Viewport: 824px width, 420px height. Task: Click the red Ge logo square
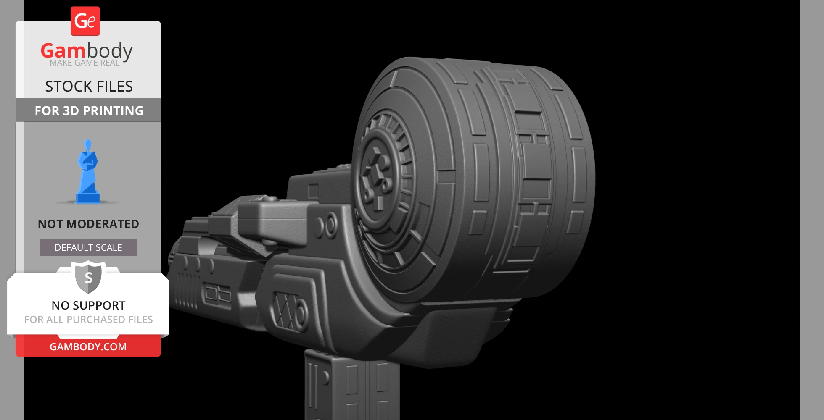85,21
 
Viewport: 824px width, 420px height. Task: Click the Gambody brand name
87,51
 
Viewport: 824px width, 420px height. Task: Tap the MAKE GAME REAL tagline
85,63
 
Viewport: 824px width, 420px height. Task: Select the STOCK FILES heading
89,87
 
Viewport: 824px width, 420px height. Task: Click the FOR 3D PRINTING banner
88,110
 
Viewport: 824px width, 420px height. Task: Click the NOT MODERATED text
88,224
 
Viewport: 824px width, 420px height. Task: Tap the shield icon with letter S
88,277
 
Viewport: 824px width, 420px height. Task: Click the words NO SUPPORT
88,305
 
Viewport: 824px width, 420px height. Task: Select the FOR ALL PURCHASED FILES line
88,320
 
